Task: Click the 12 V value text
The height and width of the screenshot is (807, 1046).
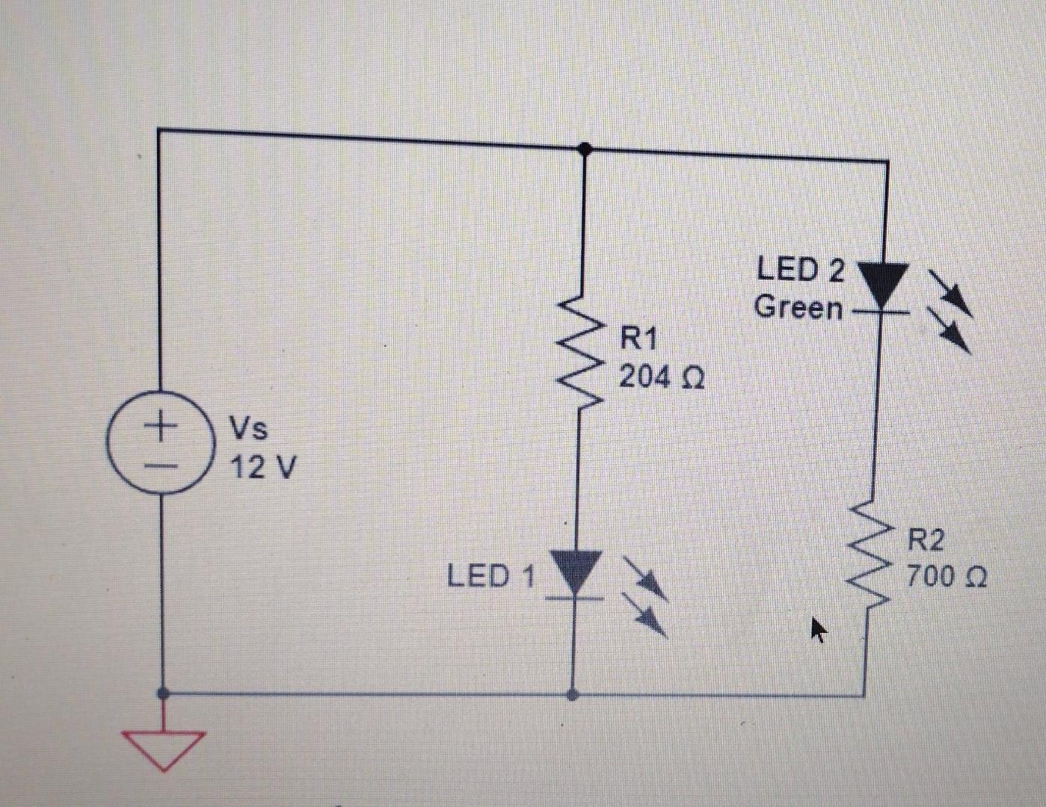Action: pyautogui.click(x=262, y=469)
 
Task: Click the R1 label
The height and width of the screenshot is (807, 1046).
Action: pyautogui.click(x=639, y=338)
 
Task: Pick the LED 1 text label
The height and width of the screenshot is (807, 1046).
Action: pyautogui.click(x=491, y=576)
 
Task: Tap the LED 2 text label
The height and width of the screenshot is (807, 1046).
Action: pyautogui.click(x=800, y=270)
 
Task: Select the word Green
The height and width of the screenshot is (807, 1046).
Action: pyautogui.click(x=798, y=307)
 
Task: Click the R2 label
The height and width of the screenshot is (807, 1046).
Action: pyautogui.click(x=927, y=539)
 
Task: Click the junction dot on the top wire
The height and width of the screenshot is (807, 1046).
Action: pyautogui.click(x=585, y=150)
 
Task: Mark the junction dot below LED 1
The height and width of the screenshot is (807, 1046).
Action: pyautogui.click(x=573, y=695)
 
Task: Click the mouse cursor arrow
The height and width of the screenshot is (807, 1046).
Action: pyautogui.click(x=819, y=630)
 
